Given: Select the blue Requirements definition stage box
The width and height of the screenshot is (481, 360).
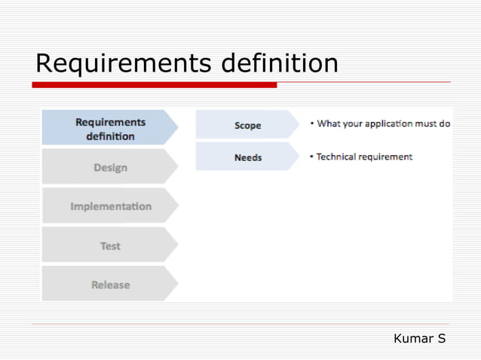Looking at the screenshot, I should tap(109, 129).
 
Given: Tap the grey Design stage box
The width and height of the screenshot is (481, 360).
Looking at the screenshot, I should tap(109, 167).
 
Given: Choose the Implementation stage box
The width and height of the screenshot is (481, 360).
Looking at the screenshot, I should tap(110, 206).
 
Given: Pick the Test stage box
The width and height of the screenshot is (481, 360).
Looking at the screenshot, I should tap(110, 246).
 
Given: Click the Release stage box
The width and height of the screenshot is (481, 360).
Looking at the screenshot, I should tap(110, 285).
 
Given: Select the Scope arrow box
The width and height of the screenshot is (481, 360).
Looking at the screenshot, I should tap(247, 125).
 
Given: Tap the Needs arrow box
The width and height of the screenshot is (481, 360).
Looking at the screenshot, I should tap(247, 157).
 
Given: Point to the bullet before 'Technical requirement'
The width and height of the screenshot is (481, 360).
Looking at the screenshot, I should tap(312, 157).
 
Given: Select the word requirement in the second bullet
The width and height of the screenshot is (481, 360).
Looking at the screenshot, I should tap(387, 157).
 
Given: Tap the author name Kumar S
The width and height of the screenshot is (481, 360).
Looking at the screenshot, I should tap(419, 339).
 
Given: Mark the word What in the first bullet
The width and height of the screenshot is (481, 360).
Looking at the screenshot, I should tap(329, 124).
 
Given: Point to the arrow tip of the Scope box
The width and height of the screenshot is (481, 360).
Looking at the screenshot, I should tap(297, 125).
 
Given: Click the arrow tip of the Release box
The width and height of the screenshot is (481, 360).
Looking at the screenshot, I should tap(176, 284).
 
